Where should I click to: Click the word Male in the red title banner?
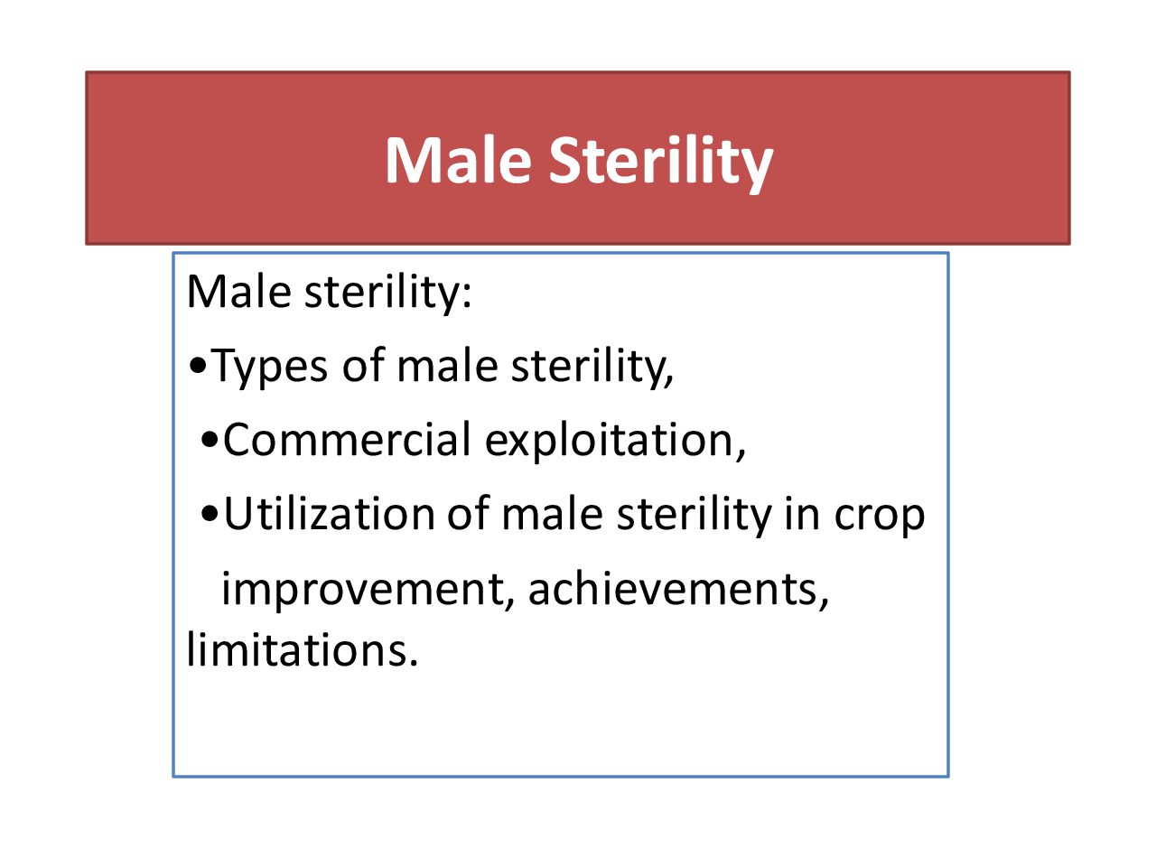458,160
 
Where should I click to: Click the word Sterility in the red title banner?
660,163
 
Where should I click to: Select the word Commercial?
347,440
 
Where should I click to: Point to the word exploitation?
614,442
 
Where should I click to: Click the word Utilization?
329,514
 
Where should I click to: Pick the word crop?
879,518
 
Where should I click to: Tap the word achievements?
677,590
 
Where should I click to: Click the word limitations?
296,648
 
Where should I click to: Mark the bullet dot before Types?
198,365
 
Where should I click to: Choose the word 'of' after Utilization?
468,512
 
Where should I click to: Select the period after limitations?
413,663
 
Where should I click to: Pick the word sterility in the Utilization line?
695,516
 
